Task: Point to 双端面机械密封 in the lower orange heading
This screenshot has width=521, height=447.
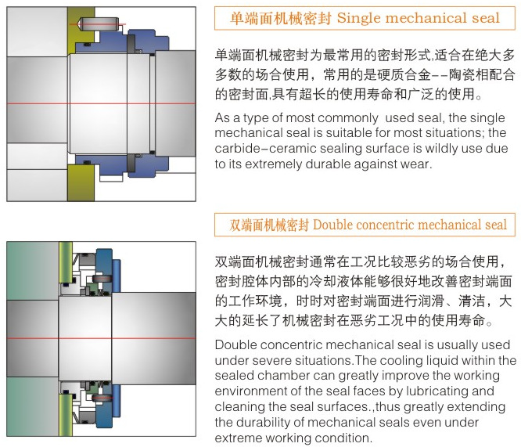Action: tap(269, 225)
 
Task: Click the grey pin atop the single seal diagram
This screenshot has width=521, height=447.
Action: tap(102, 25)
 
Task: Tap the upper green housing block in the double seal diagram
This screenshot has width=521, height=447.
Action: tap(31, 266)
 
